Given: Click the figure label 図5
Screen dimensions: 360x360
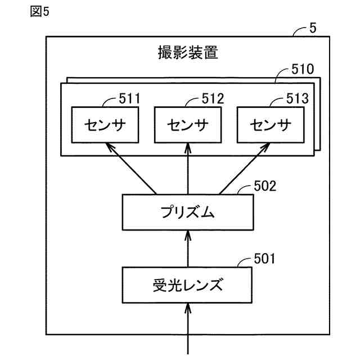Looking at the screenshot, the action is (x=40, y=11).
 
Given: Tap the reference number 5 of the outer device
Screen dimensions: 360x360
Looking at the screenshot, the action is (x=313, y=28).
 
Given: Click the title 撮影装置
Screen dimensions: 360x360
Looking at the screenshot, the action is (x=188, y=52).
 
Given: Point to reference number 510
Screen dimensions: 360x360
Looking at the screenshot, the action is (x=303, y=69).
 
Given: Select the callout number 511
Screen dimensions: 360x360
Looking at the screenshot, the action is (x=129, y=99).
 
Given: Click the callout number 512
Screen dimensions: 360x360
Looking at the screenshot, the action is (x=213, y=99).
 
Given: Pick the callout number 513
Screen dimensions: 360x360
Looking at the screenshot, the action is (x=298, y=99).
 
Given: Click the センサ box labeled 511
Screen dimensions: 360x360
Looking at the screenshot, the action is (x=105, y=125).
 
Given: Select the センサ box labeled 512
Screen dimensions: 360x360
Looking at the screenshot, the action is (x=188, y=125).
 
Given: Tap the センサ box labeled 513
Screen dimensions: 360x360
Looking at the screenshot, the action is (x=271, y=125).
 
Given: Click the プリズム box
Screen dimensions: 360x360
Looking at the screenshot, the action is (x=188, y=213).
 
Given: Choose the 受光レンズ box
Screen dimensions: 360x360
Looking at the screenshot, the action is (x=187, y=285).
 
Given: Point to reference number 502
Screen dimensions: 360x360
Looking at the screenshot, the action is (x=265, y=186).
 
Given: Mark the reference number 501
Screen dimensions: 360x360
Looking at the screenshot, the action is (x=264, y=259).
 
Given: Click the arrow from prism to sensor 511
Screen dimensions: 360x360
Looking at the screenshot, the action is (x=131, y=169).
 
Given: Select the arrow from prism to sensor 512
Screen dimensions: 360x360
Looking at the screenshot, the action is (x=188, y=169).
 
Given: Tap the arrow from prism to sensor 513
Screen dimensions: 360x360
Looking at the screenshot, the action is (x=245, y=169).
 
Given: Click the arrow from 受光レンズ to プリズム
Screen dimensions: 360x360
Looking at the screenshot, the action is (x=188, y=249).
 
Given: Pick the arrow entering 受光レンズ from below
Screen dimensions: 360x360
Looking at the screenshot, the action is (x=188, y=328).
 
